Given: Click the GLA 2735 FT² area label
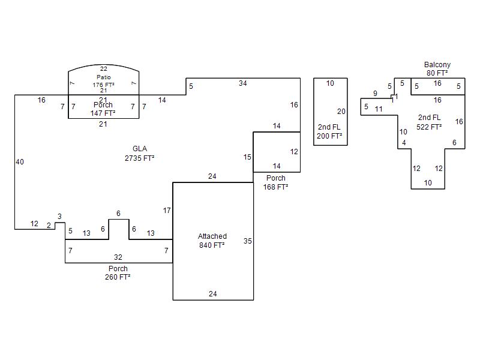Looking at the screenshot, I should pyautogui.click(x=140, y=154).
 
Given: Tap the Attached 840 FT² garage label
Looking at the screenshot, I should pyautogui.click(x=212, y=241).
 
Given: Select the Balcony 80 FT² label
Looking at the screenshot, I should pyautogui.click(x=437, y=69).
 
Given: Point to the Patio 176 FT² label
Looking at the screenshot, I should pyautogui.click(x=103, y=82).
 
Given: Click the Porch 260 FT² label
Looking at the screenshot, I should pyautogui.click(x=118, y=273).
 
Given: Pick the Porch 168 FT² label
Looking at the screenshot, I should pyautogui.click(x=276, y=182).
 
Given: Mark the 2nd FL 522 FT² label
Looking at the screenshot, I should pyautogui.click(x=429, y=122).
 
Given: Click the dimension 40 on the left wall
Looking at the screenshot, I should pyautogui.click(x=20, y=162).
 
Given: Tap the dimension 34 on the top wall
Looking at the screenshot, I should pyautogui.click(x=242, y=83).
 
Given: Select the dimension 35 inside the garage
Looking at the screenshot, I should pyautogui.click(x=248, y=241).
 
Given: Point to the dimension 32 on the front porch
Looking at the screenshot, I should pyautogui.click(x=118, y=257).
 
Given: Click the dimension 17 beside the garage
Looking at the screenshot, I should pyautogui.click(x=167, y=211).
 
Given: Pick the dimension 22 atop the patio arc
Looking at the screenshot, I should pyautogui.click(x=104, y=69).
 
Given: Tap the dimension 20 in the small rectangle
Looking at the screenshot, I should pyautogui.click(x=341, y=112).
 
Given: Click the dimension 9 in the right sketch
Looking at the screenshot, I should pyautogui.click(x=376, y=94).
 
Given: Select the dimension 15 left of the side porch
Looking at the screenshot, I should pyautogui.click(x=247, y=157).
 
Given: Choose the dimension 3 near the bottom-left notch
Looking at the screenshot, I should pyautogui.click(x=59, y=217).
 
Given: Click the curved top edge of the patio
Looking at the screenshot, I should pyautogui.click(x=104, y=64).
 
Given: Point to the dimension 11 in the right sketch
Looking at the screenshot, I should pyautogui.click(x=379, y=109).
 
